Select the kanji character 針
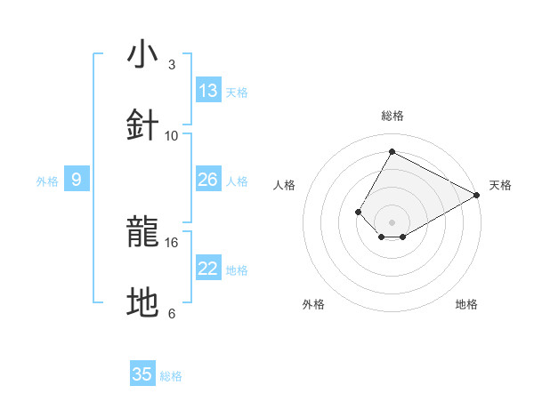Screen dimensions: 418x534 coord(143,125)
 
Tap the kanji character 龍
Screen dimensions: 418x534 coord(143,232)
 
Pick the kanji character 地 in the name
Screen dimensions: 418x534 coord(143,302)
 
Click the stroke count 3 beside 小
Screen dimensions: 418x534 coord(172,65)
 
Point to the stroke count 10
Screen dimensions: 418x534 coord(172,135)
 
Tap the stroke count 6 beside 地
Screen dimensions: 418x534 coord(172,313)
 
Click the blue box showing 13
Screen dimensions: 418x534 coord(208,91)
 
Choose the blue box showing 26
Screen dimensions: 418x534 coord(208,180)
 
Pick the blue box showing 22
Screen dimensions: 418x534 coord(208,269)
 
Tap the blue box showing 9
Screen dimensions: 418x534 coord(77,180)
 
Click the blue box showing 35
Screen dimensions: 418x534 coord(142,374)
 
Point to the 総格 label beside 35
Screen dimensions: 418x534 coord(171,376)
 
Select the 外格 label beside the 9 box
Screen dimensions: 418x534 coord(47,181)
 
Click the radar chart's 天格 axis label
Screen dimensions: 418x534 coord(500,185)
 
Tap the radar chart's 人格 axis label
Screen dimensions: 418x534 coord(285,185)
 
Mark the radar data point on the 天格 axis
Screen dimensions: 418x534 coord(477,195)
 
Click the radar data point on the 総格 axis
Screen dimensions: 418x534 coord(392,152)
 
